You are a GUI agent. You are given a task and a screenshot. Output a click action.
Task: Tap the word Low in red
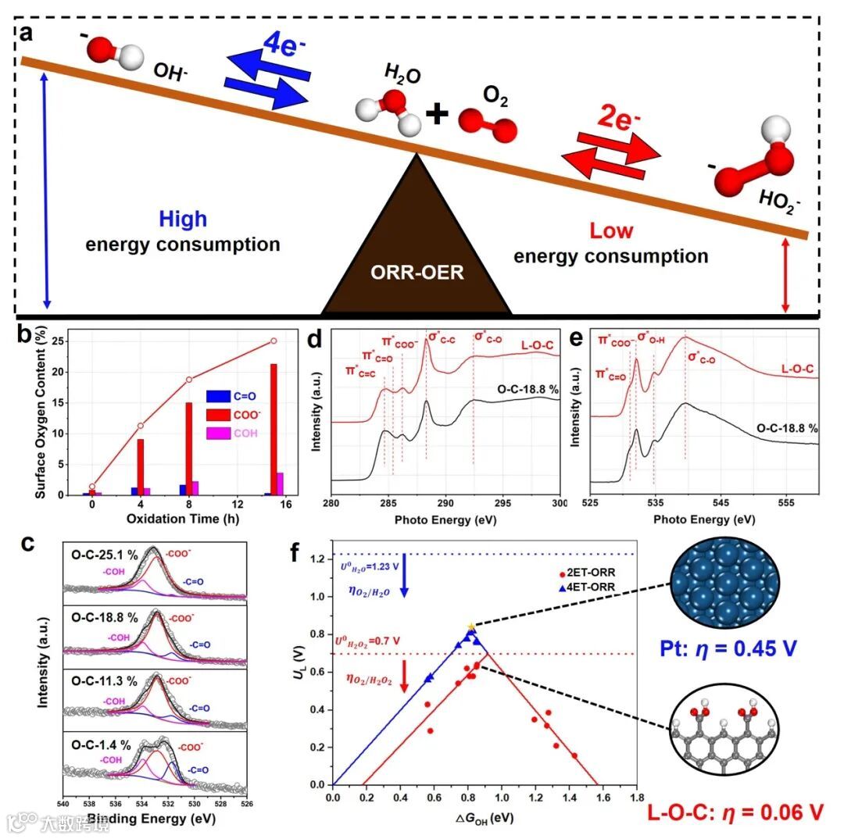pyautogui.click(x=611, y=230)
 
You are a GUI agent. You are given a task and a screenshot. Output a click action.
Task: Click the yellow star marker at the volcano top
pyautogui.click(x=470, y=627)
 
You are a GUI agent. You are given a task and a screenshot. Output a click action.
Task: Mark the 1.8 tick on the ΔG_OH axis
pyautogui.click(x=637, y=798)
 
